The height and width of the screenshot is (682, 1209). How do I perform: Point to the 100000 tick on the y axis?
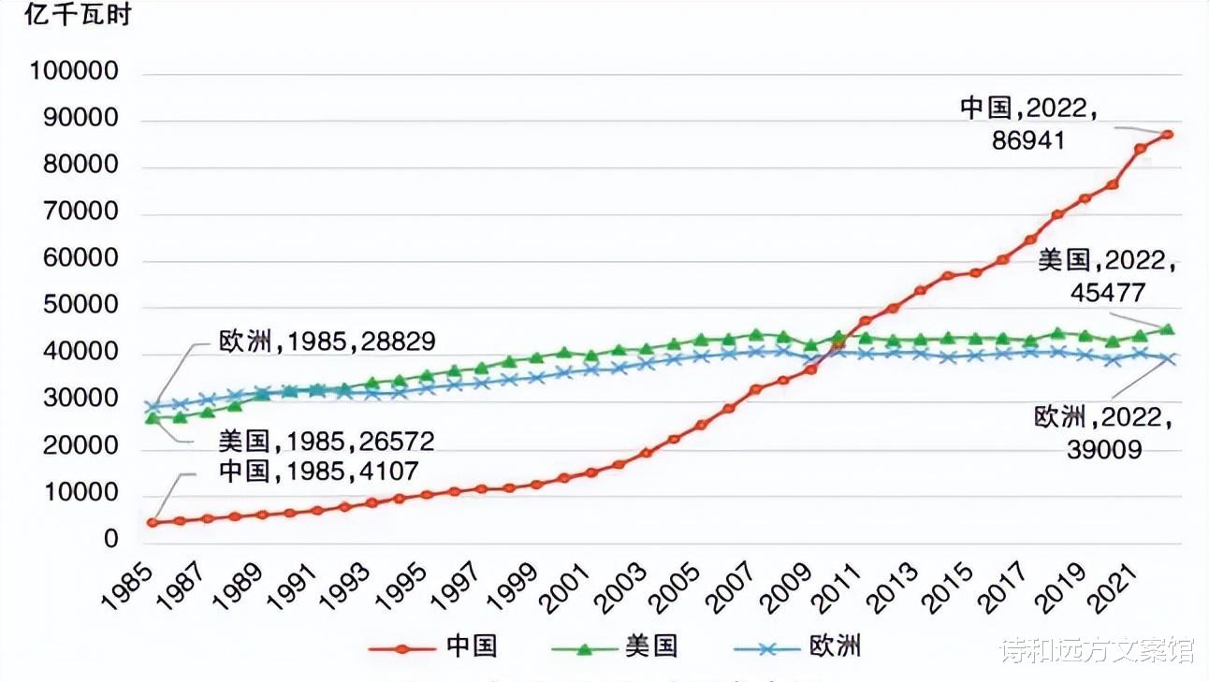74,72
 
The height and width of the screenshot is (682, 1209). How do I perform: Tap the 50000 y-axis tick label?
80,306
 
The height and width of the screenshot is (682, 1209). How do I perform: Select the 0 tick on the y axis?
111,540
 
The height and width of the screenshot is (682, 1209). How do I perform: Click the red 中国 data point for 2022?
1168,134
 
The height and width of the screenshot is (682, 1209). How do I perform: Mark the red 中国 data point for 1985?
152,522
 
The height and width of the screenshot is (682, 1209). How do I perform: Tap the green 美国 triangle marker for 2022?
1168,329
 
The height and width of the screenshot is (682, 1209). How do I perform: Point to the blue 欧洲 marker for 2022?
1168,358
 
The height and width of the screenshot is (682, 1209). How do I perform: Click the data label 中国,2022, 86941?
1028,124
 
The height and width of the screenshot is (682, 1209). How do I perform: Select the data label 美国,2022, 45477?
1107,276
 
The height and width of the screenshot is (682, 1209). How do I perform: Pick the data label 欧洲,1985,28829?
327,341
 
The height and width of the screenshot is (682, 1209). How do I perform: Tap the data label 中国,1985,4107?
318,470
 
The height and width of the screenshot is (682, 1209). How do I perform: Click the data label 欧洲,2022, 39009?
1103,433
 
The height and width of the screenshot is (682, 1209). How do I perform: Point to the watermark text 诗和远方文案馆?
1097,649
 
